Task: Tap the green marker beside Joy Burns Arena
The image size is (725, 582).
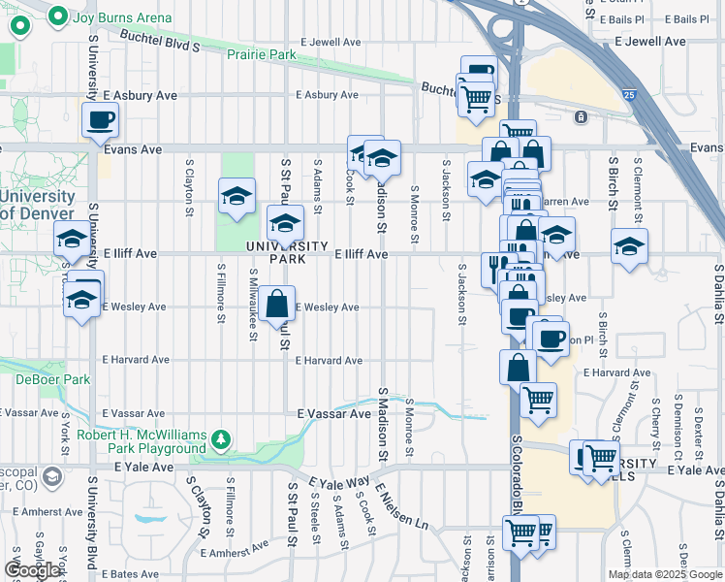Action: point(58,16)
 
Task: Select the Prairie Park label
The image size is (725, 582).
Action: point(262,55)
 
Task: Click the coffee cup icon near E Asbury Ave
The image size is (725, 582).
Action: point(101,121)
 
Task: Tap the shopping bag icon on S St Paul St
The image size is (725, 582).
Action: point(276,303)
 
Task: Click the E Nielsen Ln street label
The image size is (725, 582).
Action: point(402,508)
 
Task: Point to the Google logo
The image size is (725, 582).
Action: point(33,570)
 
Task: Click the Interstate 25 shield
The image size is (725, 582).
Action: point(630,95)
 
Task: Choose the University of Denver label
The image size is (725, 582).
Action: point(37,205)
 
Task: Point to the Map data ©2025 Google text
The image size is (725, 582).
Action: point(664,574)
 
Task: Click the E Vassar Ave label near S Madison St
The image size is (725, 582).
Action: point(334,413)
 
